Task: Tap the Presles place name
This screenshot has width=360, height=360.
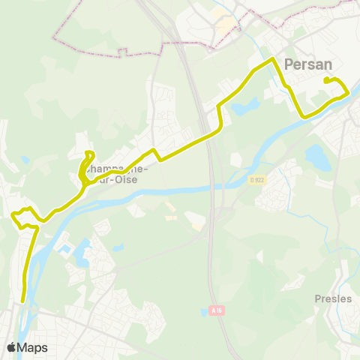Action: (333, 298)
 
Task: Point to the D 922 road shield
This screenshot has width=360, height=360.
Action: (257, 179)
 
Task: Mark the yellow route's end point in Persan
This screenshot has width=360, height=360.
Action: (325, 80)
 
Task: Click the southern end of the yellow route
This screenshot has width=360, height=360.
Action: (24, 301)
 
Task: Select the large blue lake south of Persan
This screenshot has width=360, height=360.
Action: (317, 157)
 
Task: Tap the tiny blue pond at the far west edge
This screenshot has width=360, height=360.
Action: (25, 159)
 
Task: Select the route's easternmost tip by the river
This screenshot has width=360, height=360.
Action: (348, 93)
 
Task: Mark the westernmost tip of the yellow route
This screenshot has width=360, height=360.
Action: (13, 215)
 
